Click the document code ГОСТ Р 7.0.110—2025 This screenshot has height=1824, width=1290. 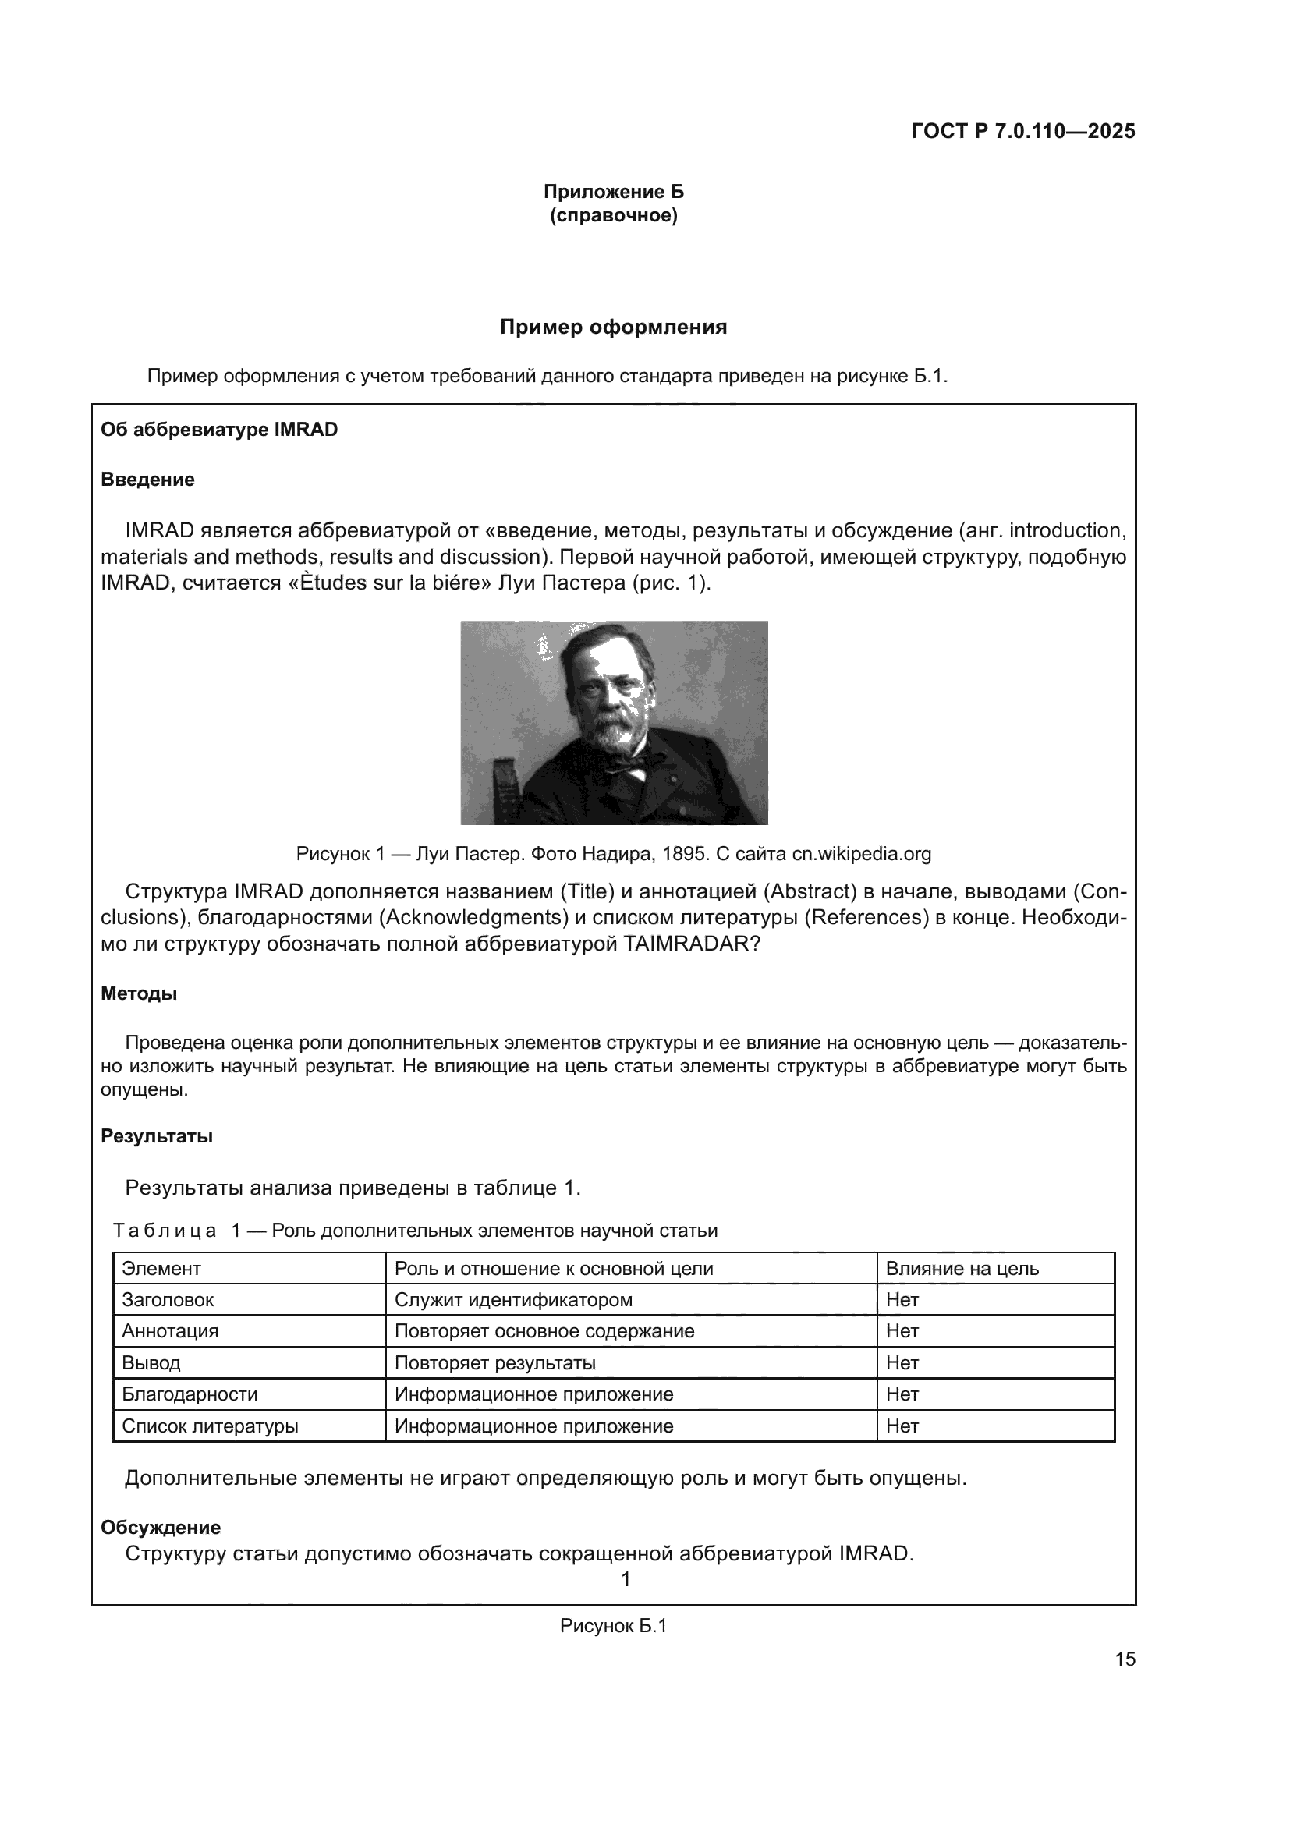pos(1023,132)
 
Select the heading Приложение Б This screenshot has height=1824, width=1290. pos(613,192)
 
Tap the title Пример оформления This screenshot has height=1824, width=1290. pos(613,328)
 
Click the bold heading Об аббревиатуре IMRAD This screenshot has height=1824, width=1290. pos(219,430)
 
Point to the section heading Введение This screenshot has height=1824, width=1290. pos(147,480)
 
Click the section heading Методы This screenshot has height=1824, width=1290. pos(139,993)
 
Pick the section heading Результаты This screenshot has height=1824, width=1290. pos(157,1136)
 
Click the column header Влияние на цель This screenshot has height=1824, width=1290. pos(962,1269)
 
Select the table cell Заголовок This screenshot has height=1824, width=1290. pos(168,1300)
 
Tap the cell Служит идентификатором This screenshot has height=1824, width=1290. pos(513,1300)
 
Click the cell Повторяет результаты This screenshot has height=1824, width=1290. pos(495,1363)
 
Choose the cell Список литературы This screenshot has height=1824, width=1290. pos(210,1426)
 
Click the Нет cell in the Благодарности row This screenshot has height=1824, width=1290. pos(902,1394)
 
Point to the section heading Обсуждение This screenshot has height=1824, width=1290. pos(161,1527)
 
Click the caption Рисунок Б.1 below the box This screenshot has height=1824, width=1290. pos(613,1625)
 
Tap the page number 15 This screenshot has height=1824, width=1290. pos(1125,1659)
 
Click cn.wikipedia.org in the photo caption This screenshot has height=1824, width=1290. pos(861,854)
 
